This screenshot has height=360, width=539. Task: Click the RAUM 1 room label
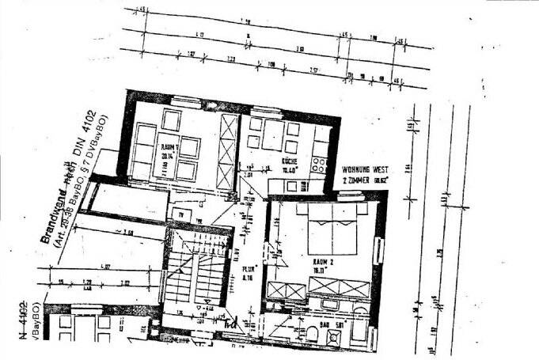168,148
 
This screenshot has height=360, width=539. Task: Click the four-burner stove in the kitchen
321,166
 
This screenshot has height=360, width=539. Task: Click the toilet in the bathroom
311,336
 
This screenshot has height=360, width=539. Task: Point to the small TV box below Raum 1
180,214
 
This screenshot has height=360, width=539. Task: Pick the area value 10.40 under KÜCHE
290,169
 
